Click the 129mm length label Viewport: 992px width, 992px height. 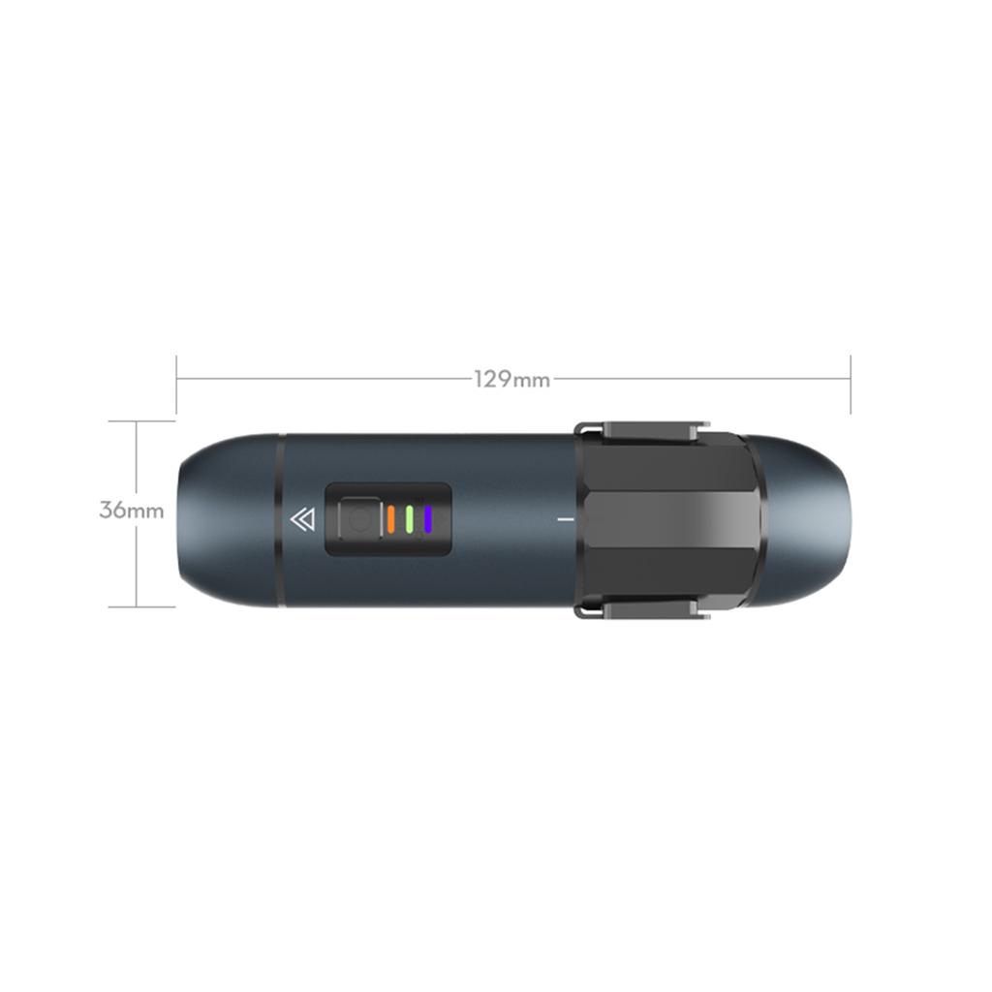pyautogui.click(x=511, y=379)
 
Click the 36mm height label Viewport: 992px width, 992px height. pyautogui.click(x=132, y=510)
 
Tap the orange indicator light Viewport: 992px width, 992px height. pyautogui.click(x=390, y=519)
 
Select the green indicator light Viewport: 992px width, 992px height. pyautogui.click(x=410, y=519)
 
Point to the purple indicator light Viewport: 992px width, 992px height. pyautogui.click(x=427, y=519)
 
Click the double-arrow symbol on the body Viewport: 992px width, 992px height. pyautogui.click(x=302, y=520)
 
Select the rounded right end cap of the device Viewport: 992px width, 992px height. pyautogui.click(x=809, y=520)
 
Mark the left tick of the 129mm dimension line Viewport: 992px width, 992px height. pyautogui.click(x=176, y=384)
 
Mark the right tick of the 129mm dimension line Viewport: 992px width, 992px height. pyautogui.click(x=850, y=384)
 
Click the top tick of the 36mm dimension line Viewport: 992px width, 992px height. pyautogui.click(x=137, y=421)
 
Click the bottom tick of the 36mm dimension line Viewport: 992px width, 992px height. pyautogui.click(x=137, y=607)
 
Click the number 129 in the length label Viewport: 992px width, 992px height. pyautogui.click(x=492, y=379)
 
